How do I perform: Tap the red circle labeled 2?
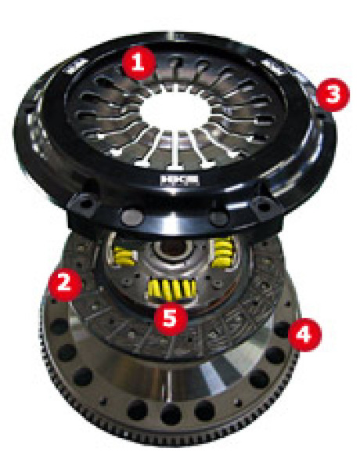pyautogui.click(x=63, y=282)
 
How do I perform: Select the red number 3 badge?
pyautogui.click(x=332, y=96)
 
